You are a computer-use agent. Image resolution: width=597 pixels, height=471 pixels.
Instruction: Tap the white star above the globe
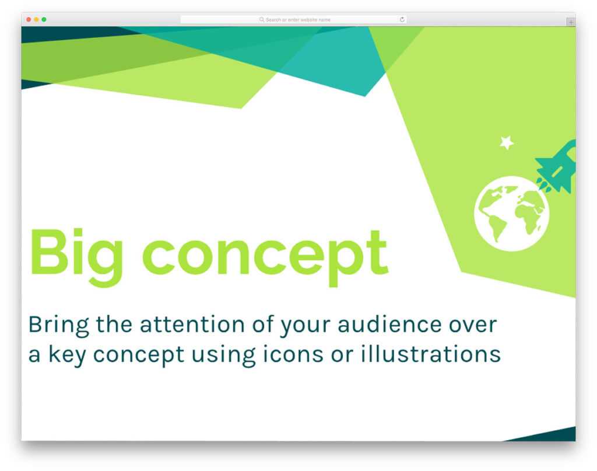(507, 142)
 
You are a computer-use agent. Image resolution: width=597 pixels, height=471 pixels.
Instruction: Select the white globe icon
(511, 214)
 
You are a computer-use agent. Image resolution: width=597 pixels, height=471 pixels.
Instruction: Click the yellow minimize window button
(36, 20)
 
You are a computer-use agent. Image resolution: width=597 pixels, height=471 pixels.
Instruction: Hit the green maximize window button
(44, 20)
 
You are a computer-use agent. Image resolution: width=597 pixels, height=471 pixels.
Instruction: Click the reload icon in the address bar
(402, 20)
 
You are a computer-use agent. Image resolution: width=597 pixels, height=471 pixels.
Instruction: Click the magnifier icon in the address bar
(262, 20)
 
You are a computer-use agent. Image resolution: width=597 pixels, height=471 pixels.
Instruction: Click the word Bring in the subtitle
(59, 325)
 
